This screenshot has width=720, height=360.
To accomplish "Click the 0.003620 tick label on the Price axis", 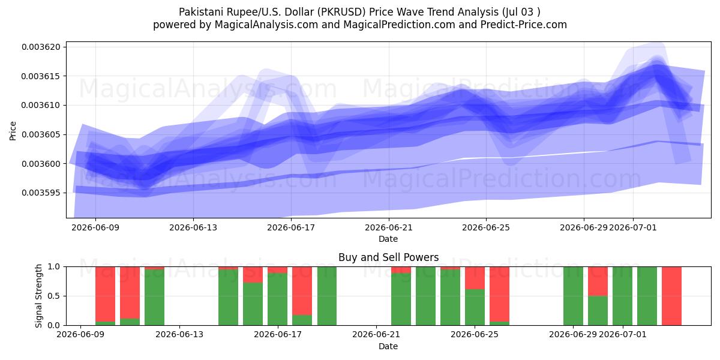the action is click(x=41, y=47).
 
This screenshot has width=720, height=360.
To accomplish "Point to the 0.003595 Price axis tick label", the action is click(x=41, y=193).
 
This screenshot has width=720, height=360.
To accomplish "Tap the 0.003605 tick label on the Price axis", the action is click(x=41, y=134).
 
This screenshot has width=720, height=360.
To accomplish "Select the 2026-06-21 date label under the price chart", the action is click(x=389, y=227).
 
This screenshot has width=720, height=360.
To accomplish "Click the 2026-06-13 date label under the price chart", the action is click(x=193, y=227).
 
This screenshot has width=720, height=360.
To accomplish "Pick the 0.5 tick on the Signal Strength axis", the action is click(x=53, y=296).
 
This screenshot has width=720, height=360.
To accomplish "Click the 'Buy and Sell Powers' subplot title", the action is click(x=388, y=257).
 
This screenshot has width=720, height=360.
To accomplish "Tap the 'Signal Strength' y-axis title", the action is click(x=38, y=296).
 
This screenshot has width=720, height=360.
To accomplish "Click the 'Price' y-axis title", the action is click(x=13, y=131).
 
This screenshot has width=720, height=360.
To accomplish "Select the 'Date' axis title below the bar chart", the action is click(x=388, y=346).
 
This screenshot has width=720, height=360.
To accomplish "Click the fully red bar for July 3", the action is click(x=671, y=296).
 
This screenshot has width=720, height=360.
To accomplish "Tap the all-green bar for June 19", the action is click(x=327, y=296).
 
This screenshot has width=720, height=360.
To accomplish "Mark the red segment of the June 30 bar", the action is click(x=598, y=281).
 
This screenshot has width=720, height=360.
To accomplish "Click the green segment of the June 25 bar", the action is click(x=475, y=307).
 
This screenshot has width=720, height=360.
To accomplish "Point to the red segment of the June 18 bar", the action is click(x=302, y=290).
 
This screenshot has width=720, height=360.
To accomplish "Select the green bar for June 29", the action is click(x=573, y=296).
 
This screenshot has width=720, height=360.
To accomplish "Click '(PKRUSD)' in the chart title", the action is click(x=341, y=12).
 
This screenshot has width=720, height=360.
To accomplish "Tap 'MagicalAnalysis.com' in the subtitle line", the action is click(x=266, y=25).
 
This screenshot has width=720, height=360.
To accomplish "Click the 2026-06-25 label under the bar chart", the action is click(x=475, y=334).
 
